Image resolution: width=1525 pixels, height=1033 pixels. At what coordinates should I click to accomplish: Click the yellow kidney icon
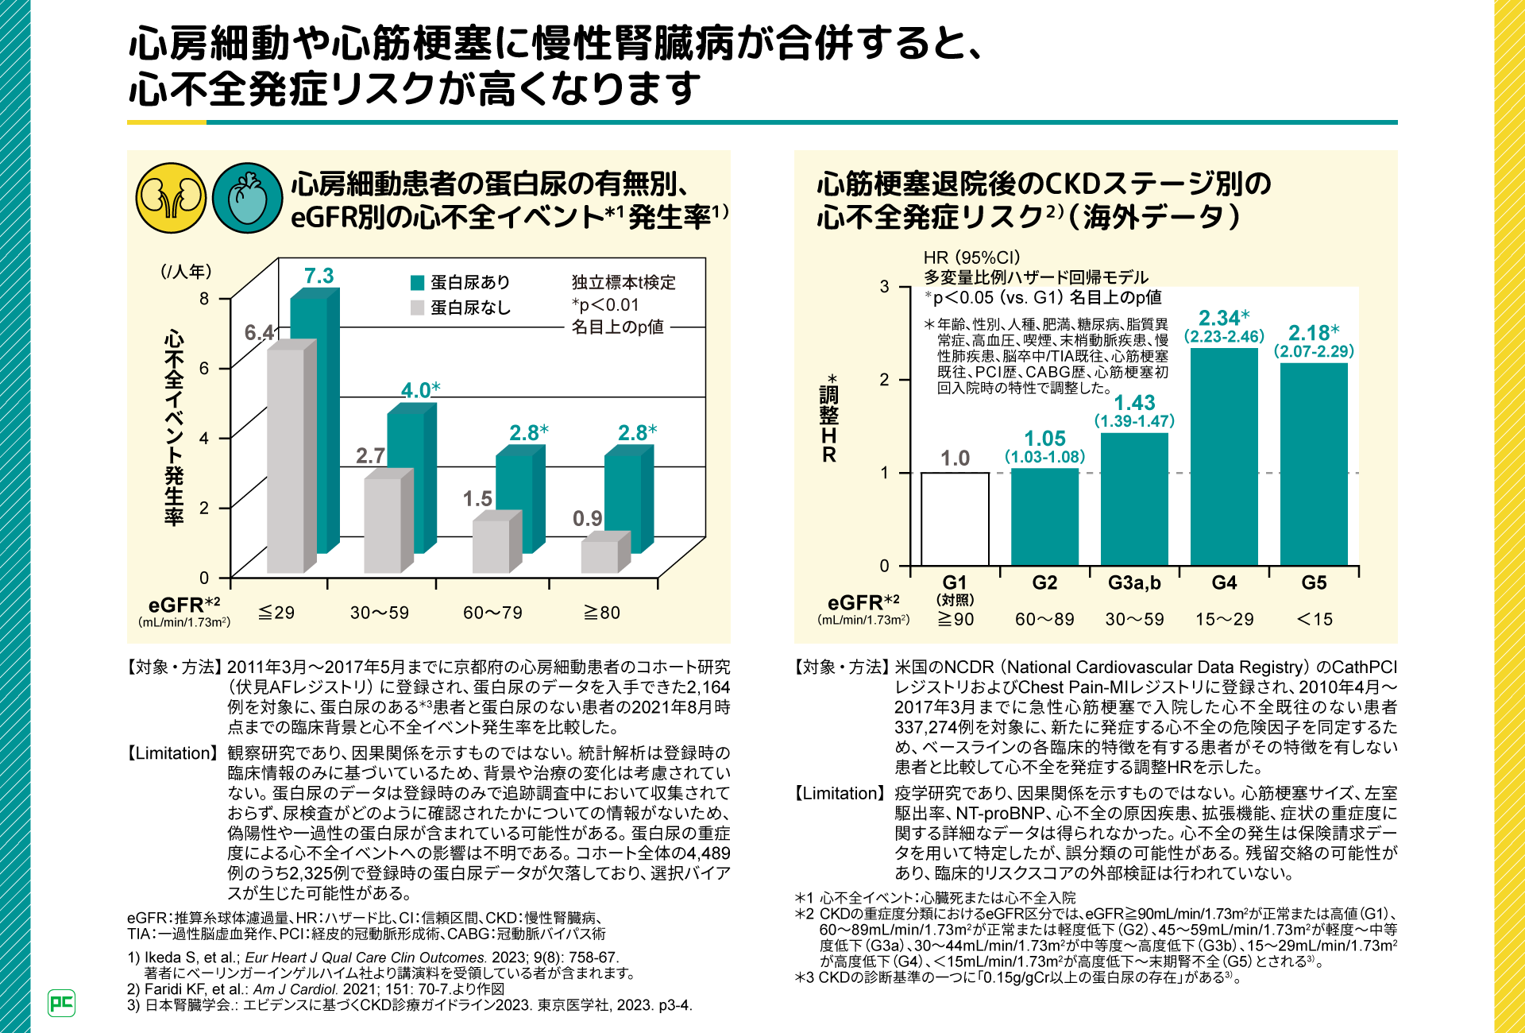[171, 198]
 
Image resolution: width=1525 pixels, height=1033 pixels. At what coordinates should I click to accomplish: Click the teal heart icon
[248, 198]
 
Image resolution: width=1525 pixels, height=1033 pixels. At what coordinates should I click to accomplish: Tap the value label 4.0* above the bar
[420, 390]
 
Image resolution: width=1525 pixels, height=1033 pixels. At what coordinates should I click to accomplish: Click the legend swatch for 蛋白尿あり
[417, 283]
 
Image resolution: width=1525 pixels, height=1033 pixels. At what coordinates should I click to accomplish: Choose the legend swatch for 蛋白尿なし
[417, 308]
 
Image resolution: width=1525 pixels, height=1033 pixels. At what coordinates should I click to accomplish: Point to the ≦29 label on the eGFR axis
[276, 613]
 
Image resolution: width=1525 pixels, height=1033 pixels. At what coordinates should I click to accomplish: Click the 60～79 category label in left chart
[492, 613]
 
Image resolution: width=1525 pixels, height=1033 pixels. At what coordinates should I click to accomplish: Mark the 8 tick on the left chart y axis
[204, 299]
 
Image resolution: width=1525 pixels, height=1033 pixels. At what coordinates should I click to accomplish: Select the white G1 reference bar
[955, 519]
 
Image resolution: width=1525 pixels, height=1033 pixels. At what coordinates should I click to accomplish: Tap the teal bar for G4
[1224, 457]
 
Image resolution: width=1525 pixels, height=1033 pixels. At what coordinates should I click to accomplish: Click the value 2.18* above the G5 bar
[1314, 333]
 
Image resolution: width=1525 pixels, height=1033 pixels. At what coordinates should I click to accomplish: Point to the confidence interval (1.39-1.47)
[1134, 421]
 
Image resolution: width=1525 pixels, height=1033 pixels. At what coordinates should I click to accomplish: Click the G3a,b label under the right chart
[1134, 583]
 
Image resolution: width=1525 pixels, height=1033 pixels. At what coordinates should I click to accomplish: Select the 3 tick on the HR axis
[884, 286]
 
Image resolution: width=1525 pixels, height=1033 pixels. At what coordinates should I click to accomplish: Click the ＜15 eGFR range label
[1315, 620]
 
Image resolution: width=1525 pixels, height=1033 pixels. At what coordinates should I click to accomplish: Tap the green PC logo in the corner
[61, 1003]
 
